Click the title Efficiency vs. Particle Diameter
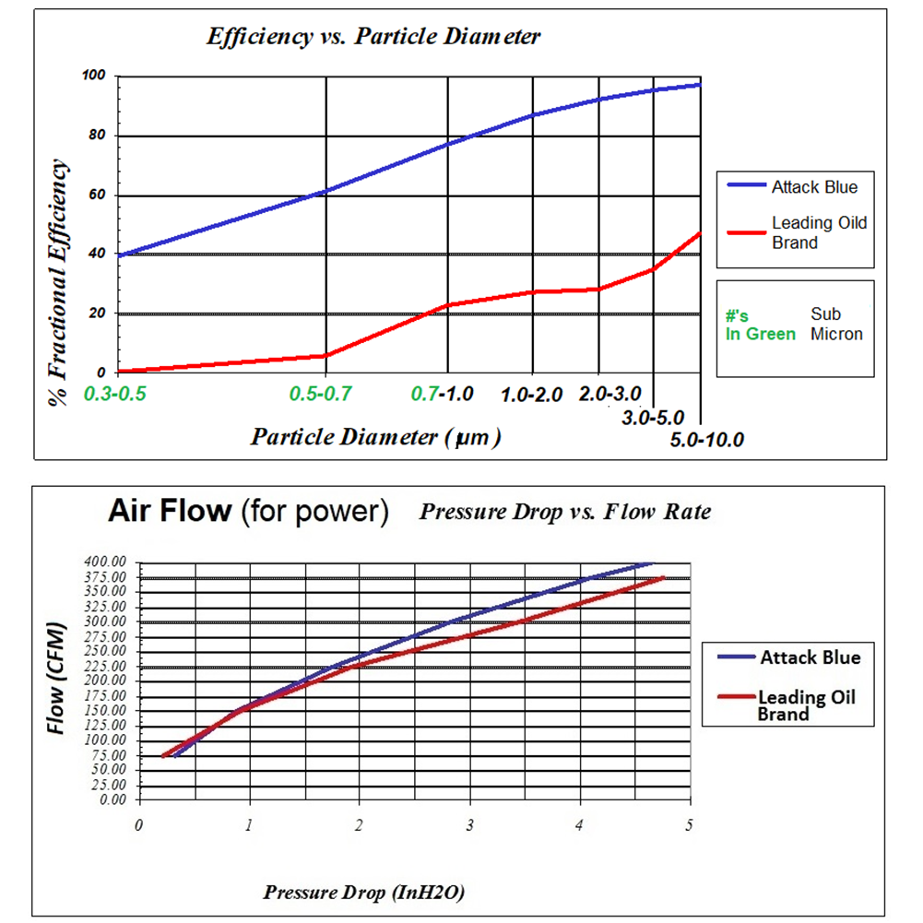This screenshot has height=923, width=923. coord(373,38)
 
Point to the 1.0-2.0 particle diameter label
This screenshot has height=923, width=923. coord(531,395)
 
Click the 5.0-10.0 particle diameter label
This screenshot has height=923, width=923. coord(707,439)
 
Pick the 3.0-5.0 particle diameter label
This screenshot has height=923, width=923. coord(653,418)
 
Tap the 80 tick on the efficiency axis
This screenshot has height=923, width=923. coord(98,136)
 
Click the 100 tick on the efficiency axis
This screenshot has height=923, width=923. coord(95,76)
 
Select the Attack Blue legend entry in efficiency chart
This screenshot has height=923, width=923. coord(815,187)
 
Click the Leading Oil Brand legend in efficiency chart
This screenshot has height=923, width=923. coord(819,232)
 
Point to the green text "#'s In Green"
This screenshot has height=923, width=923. coord(760,325)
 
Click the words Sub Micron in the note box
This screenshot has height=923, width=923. coord(836,324)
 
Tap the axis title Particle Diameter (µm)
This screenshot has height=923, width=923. coord(376,436)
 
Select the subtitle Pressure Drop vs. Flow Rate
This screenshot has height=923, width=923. coord(565,511)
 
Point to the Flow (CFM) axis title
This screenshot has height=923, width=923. coord(59,680)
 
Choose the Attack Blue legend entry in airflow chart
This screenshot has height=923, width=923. coord(810,657)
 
